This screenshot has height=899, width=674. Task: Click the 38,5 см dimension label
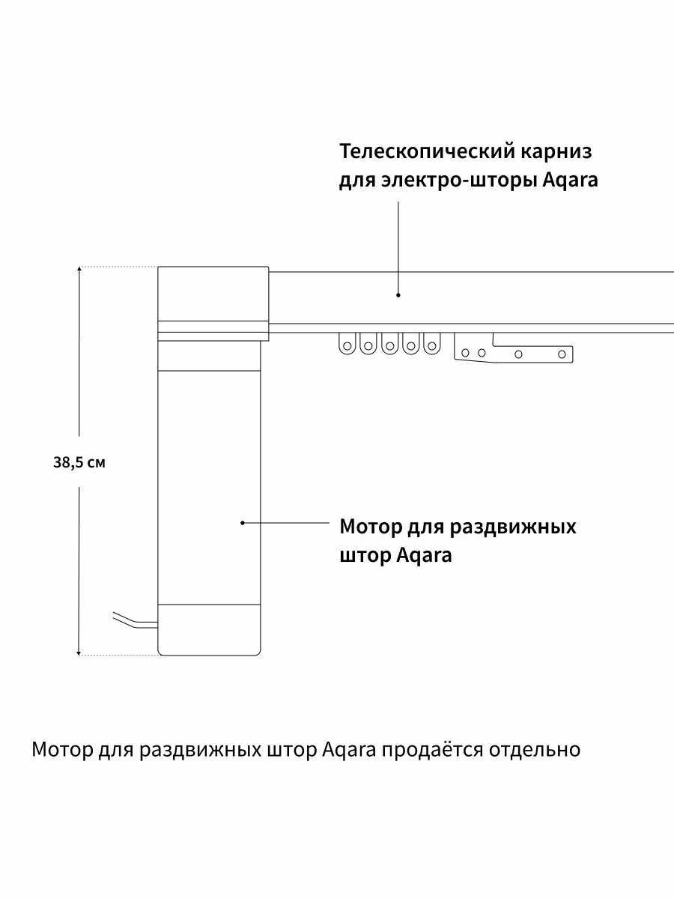79,462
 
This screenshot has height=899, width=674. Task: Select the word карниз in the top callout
556,152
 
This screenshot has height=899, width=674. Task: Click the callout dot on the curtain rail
398,295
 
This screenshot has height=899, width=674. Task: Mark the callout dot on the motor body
243,523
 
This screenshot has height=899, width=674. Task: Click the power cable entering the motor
135,621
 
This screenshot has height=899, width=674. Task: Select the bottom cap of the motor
210,629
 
